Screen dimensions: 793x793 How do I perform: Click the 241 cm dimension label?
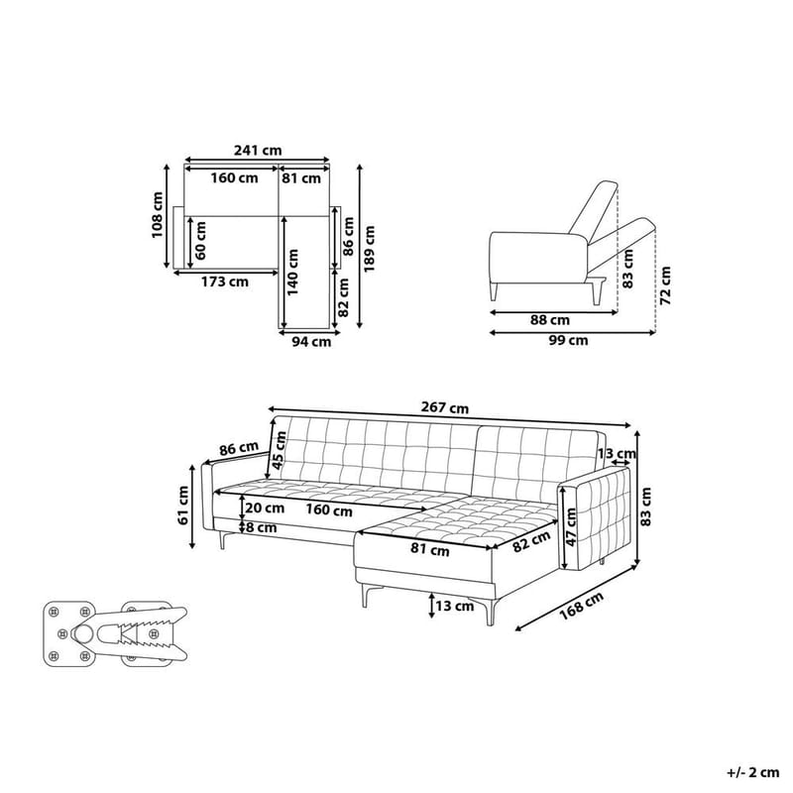point(258,151)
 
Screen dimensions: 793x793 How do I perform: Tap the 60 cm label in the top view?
point(202,240)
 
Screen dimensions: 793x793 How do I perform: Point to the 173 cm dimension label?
point(224,282)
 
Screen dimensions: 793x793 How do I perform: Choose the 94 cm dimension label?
point(312,343)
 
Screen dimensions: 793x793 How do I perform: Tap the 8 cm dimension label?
point(263,528)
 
